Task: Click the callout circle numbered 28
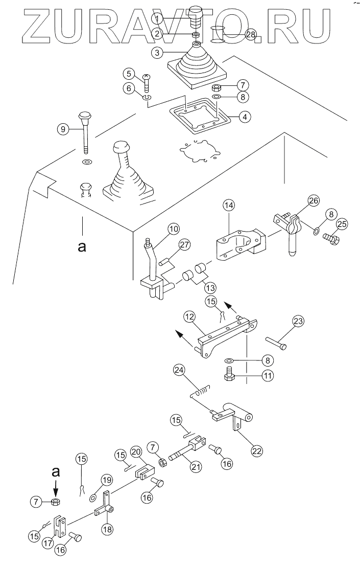tap(251, 36)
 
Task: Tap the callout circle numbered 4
tap(245, 117)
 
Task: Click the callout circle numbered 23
tap(298, 322)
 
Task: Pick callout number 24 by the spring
tap(178, 369)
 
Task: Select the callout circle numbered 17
tap(49, 543)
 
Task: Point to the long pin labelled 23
tap(275, 343)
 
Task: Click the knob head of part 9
tap(84, 116)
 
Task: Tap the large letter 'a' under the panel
tap(81, 247)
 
